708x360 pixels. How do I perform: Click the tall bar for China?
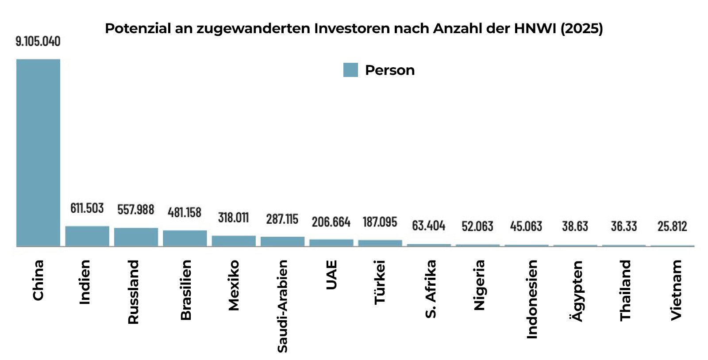point(38,153)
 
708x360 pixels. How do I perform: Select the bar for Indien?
point(87,236)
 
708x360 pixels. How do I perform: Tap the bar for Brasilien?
point(185,238)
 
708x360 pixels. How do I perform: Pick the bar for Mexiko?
point(234,241)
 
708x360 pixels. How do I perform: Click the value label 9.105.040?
point(38,42)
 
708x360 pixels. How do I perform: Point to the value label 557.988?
point(135,210)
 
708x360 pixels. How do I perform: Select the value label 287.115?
point(282,219)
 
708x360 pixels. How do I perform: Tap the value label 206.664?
point(331,222)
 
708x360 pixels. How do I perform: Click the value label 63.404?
point(428,226)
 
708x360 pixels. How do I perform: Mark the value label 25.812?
point(672,226)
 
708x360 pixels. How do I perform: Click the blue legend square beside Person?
point(350,70)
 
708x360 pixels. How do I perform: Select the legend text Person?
point(390,70)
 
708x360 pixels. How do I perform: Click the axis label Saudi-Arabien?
point(282,306)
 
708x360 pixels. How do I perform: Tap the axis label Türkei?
point(380,282)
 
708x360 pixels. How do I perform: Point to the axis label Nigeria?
point(479,285)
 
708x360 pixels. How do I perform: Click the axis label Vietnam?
point(676,290)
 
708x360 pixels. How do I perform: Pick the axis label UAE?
point(331,275)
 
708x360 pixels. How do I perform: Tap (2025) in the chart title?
point(581,28)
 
